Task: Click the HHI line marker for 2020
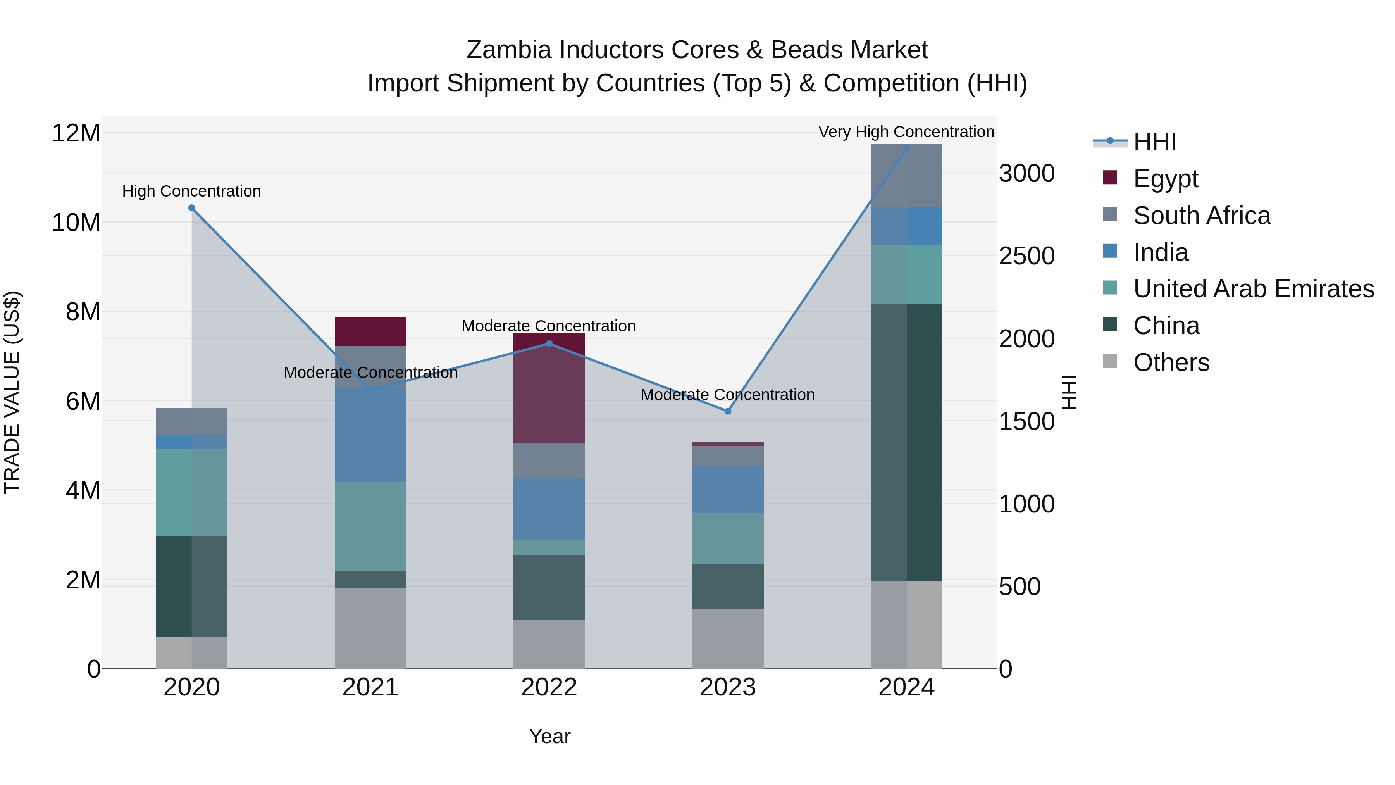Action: pyautogui.click(x=192, y=208)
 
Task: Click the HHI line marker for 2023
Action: pyautogui.click(x=728, y=411)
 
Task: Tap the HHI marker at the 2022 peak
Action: pyautogui.click(x=549, y=343)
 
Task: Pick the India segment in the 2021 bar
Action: pyautogui.click(x=370, y=435)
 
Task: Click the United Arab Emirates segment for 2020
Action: pyautogui.click(x=192, y=492)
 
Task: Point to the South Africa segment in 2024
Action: pyautogui.click(x=906, y=176)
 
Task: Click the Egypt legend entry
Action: pyautogui.click(x=1165, y=179)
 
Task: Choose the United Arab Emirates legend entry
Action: pyautogui.click(x=1253, y=289)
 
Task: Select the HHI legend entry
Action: pyautogui.click(x=1155, y=142)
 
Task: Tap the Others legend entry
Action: pyautogui.click(x=1171, y=362)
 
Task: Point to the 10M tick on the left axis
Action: pyautogui.click(x=76, y=223)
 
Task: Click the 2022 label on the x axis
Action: pyautogui.click(x=549, y=687)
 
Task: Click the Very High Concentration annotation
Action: pyautogui.click(x=906, y=132)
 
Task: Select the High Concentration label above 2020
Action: pyautogui.click(x=192, y=191)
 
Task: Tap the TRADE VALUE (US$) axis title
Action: pyautogui.click(x=12, y=392)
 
